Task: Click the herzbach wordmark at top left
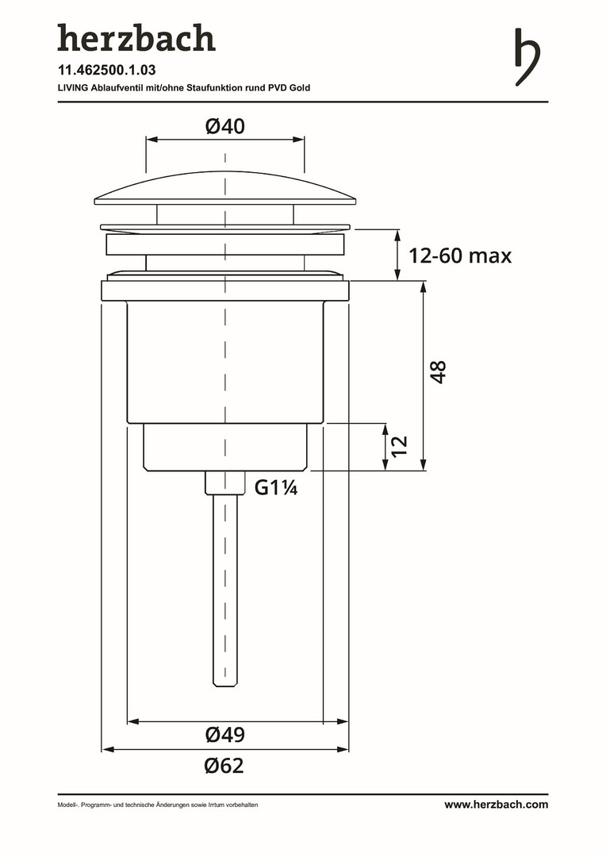(136, 38)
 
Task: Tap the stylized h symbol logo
(527, 57)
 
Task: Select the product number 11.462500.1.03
(106, 70)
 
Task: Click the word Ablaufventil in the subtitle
(116, 87)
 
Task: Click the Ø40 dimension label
(225, 126)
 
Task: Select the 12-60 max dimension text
(460, 256)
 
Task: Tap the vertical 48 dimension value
(439, 372)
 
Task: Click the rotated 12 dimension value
(400, 445)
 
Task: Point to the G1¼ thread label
(276, 487)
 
